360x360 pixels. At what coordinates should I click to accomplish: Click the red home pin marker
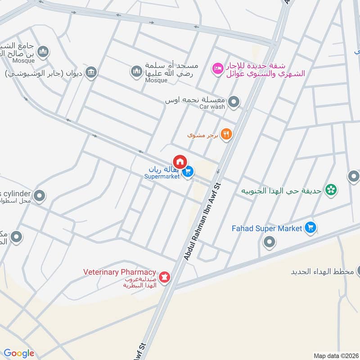180,162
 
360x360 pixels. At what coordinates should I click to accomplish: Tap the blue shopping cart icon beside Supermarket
189,171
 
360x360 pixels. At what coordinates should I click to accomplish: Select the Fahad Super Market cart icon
310,228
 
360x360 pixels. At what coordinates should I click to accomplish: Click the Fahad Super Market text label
266,229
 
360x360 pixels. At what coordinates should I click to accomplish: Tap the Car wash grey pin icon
234,103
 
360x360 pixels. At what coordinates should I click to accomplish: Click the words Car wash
212,107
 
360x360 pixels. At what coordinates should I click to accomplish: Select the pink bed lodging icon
217,68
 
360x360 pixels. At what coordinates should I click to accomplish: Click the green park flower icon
331,190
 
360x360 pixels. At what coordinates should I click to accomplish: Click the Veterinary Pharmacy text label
120,272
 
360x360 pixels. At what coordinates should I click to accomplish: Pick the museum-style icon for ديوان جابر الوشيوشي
91,72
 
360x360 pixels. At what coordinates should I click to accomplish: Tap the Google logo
19,353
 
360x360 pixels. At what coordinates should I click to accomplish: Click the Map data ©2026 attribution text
336,355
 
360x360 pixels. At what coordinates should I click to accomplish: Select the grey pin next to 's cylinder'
40,196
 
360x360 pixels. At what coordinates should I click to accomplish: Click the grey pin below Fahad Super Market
270,243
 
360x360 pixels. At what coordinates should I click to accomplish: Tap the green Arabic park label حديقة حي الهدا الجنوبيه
282,190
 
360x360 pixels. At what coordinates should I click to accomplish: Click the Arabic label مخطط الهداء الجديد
320,272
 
